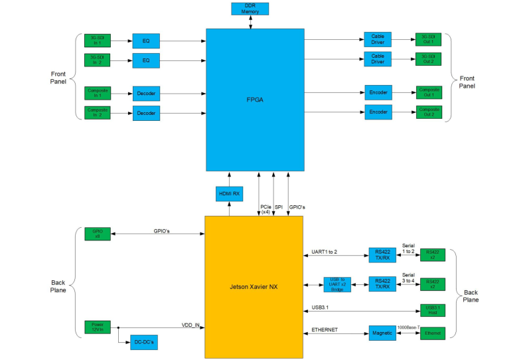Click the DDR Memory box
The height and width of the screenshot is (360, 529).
250,9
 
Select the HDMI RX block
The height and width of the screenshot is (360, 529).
229,193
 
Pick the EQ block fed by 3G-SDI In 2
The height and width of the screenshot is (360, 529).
146,61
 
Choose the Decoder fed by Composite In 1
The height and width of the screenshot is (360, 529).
146,93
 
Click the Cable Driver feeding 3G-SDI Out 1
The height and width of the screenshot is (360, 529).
378,40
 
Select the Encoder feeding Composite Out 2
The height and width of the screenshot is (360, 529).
378,113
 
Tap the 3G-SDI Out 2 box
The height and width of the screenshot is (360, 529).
427,60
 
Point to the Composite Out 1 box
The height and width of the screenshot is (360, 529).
427,92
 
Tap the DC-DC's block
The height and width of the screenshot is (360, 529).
144,343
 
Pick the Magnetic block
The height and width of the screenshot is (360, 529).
382,333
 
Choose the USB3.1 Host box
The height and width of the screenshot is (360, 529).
432,310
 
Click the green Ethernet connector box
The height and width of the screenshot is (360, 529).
432,333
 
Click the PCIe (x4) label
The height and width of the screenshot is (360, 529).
265,209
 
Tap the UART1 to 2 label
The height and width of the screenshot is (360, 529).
325,252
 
